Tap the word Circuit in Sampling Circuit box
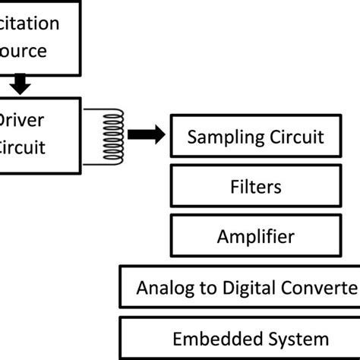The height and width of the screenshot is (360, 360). coord(297,137)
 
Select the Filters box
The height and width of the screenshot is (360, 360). coord(255,186)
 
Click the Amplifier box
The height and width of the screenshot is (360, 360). coord(255,236)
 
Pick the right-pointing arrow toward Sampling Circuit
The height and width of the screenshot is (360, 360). coord(146,135)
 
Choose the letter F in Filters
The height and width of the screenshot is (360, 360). coord(233,186)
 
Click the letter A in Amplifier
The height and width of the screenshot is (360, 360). coord(222,236)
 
